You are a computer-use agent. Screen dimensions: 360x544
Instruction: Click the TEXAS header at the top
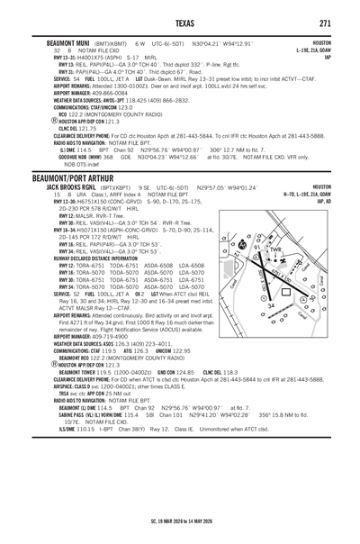(x=180, y=23)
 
